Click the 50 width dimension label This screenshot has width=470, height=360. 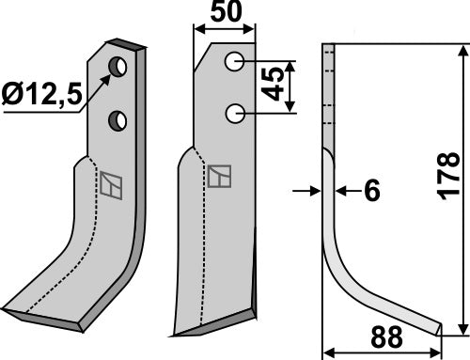tap(226, 11)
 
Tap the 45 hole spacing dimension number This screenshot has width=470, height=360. tap(273, 84)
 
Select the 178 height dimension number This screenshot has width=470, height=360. tap(448, 176)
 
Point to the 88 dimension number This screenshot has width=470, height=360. tap(386, 337)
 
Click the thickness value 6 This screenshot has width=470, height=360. tap(372, 191)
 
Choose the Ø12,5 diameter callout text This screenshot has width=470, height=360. tap(41, 94)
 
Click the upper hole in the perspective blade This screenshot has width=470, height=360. tap(117, 67)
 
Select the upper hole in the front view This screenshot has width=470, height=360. tap(234, 61)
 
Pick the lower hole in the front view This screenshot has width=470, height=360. tap(235, 114)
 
